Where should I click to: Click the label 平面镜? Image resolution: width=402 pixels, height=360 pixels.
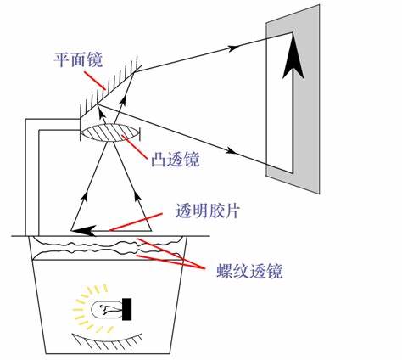click(78, 60)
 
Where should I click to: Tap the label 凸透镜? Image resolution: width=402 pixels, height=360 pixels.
click(176, 159)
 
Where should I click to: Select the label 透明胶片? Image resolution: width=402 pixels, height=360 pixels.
click(208, 211)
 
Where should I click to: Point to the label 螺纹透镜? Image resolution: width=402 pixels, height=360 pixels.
click(249, 271)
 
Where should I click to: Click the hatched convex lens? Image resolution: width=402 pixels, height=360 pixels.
click(110, 132)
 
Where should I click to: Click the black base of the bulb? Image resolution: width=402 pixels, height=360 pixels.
click(127, 309)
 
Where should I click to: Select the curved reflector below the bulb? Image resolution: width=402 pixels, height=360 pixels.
click(108, 340)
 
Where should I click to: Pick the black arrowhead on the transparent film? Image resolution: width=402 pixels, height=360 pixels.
click(83, 230)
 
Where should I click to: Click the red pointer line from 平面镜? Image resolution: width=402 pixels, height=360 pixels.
click(95, 81)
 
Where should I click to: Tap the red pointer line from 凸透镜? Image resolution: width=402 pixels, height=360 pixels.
click(135, 146)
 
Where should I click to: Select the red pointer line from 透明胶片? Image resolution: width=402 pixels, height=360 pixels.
click(136, 222)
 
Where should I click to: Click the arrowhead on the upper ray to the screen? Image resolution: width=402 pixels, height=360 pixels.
click(234, 48)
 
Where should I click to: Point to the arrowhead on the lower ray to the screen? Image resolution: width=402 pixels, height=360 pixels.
click(232, 151)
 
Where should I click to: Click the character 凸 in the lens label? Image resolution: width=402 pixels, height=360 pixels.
click(159, 159)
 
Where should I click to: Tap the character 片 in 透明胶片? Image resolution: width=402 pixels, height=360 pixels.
click(232, 211)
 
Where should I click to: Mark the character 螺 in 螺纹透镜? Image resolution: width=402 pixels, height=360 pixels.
click(225, 271)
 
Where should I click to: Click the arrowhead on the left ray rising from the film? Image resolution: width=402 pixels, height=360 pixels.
click(85, 196)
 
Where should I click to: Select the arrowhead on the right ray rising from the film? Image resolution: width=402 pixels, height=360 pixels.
click(137, 196)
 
